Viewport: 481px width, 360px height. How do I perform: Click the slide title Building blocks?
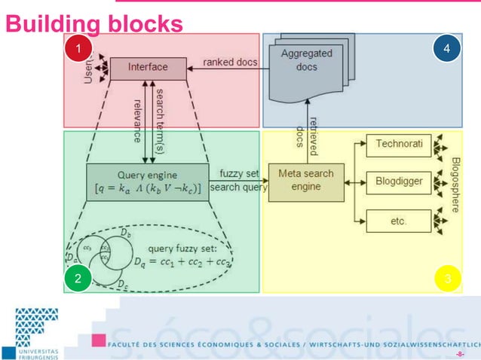click(x=94, y=24)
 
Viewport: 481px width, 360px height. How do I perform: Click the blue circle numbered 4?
click(x=448, y=49)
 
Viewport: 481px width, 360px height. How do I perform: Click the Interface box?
click(x=149, y=68)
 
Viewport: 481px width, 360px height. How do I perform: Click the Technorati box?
click(x=399, y=142)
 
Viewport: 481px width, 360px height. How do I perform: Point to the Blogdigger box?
click(x=399, y=182)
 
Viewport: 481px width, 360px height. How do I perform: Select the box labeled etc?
click(x=399, y=221)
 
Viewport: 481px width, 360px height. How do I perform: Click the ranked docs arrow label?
click(x=230, y=62)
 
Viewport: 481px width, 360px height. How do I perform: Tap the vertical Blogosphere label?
click(x=456, y=185)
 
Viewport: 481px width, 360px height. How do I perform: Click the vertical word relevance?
click(x=137, y=119)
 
